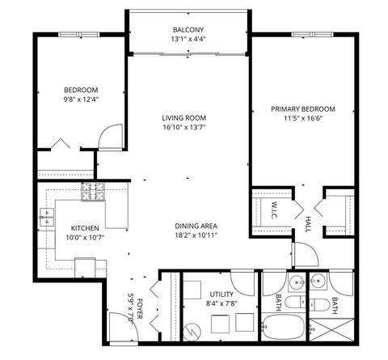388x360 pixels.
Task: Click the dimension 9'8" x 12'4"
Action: pyautogui.click(x=81, y=100)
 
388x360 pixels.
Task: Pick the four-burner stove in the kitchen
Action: pyautogui.click(x=93, y=193)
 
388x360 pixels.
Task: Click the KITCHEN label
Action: pyautogui.click(x=84, y=227)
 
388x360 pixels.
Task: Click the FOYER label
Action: pyautogui.click(x=139, y=306)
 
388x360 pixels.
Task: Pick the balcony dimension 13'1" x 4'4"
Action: pyautogui.click(x=186, y=39)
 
